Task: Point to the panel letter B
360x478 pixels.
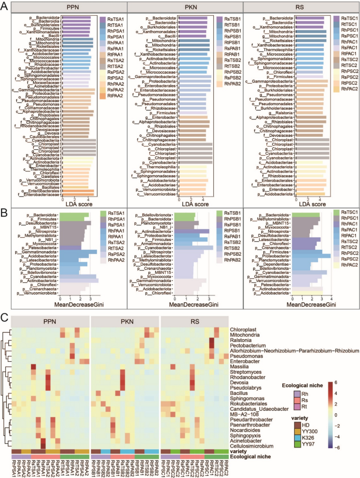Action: click(x=4, y=209)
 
